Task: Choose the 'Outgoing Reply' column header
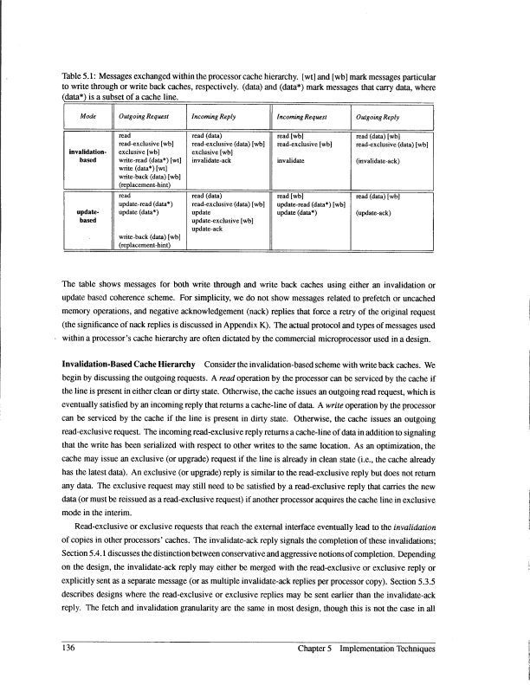[x=378, y=116]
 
